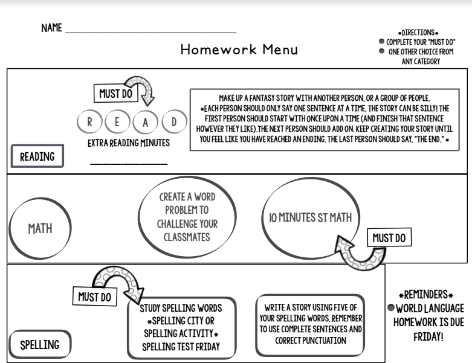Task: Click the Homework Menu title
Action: [239, 50]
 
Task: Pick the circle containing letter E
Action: [117, 123]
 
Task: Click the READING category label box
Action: [37, 157]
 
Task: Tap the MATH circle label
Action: [39, 229]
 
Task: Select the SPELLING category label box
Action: [40, 345]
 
